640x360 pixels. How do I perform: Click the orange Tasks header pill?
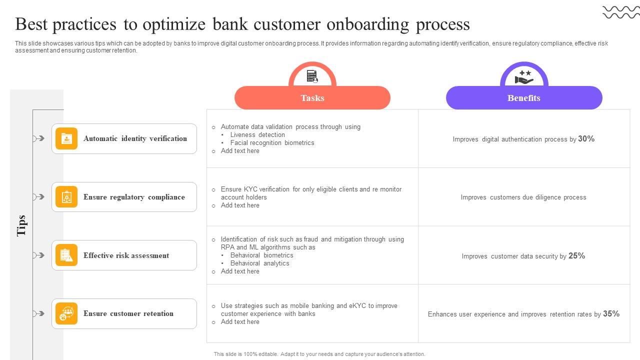tap(312, 98)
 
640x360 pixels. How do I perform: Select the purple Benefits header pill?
tap(523, 98)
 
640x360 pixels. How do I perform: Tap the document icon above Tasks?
tap(312, 76)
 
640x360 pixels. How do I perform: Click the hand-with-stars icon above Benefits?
tap(524, 77)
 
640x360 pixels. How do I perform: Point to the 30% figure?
tap(586, 139)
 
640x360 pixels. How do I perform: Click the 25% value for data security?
tap(576, 255)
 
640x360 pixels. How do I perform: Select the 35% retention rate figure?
tap(611, 314)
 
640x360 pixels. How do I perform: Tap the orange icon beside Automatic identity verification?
tap(66, 138)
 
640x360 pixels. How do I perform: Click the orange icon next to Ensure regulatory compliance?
tap(66, 197)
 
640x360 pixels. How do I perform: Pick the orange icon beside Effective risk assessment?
tap(66, 255)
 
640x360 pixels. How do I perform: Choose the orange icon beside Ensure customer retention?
tap(66, 313)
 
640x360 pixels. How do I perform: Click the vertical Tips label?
tap(21, 225)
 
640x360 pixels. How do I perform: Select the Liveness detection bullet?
tap(257, 135)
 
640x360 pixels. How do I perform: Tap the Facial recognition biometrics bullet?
tap(272, 143)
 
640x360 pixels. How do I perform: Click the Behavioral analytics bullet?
tap(259, 263)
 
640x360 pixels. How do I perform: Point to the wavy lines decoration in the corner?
tap(620, 12)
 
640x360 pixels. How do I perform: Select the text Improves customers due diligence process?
tap(523, 197)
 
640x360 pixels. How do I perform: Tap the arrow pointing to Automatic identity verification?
tap(38, 138)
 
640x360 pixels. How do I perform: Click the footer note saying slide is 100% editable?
tap(319, 354)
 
